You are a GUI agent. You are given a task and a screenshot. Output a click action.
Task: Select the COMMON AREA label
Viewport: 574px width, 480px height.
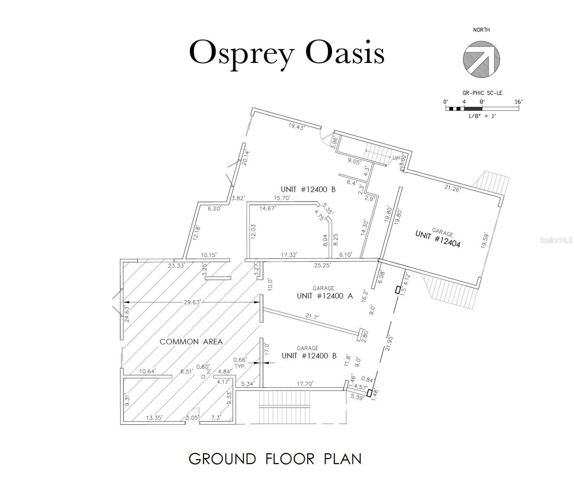[191, 342]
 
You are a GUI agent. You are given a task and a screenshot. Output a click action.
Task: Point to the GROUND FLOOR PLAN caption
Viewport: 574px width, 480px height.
[275, 459]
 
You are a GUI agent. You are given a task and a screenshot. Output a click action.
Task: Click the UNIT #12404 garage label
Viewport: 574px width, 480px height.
[438, 238]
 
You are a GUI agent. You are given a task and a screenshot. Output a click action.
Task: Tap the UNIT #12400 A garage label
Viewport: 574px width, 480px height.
[325, 296]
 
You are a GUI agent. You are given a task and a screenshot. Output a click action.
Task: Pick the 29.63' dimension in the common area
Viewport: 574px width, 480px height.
[192, 302]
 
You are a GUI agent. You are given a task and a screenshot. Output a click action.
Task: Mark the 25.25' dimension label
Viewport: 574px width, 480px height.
[322, 265]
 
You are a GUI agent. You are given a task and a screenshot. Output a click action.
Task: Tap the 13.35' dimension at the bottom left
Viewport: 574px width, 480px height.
[154, 418]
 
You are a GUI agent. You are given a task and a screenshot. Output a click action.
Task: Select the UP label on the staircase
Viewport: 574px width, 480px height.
[395, 158]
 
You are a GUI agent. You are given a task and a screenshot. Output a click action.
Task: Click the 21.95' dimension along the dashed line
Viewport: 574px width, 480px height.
[390, 343]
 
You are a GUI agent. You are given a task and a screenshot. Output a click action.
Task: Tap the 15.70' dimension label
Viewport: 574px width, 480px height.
[281, 198]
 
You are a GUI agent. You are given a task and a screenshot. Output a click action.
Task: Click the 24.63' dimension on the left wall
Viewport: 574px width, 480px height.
[127, 314]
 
